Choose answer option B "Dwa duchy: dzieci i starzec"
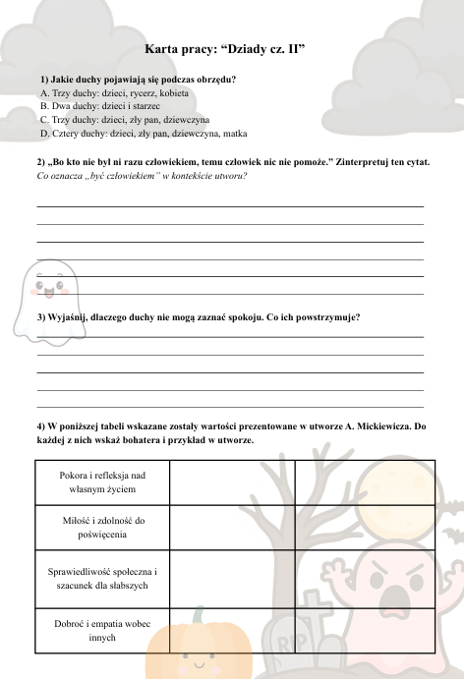coord(99,105)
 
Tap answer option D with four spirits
coord(144,133)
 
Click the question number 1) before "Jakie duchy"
coord(45,79)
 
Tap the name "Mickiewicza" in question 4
coord(374,426)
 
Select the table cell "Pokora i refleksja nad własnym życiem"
coord(101,481)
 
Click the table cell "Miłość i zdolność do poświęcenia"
coord(101,528)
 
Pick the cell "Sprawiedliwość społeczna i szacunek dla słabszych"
coord(101,578)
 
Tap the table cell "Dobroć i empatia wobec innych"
coord(101,629)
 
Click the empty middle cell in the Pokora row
coord(231,481)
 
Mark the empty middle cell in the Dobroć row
coord(231,629)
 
